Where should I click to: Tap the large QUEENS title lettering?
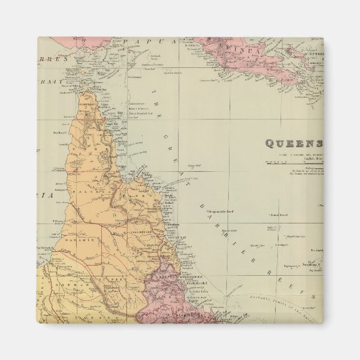292,143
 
